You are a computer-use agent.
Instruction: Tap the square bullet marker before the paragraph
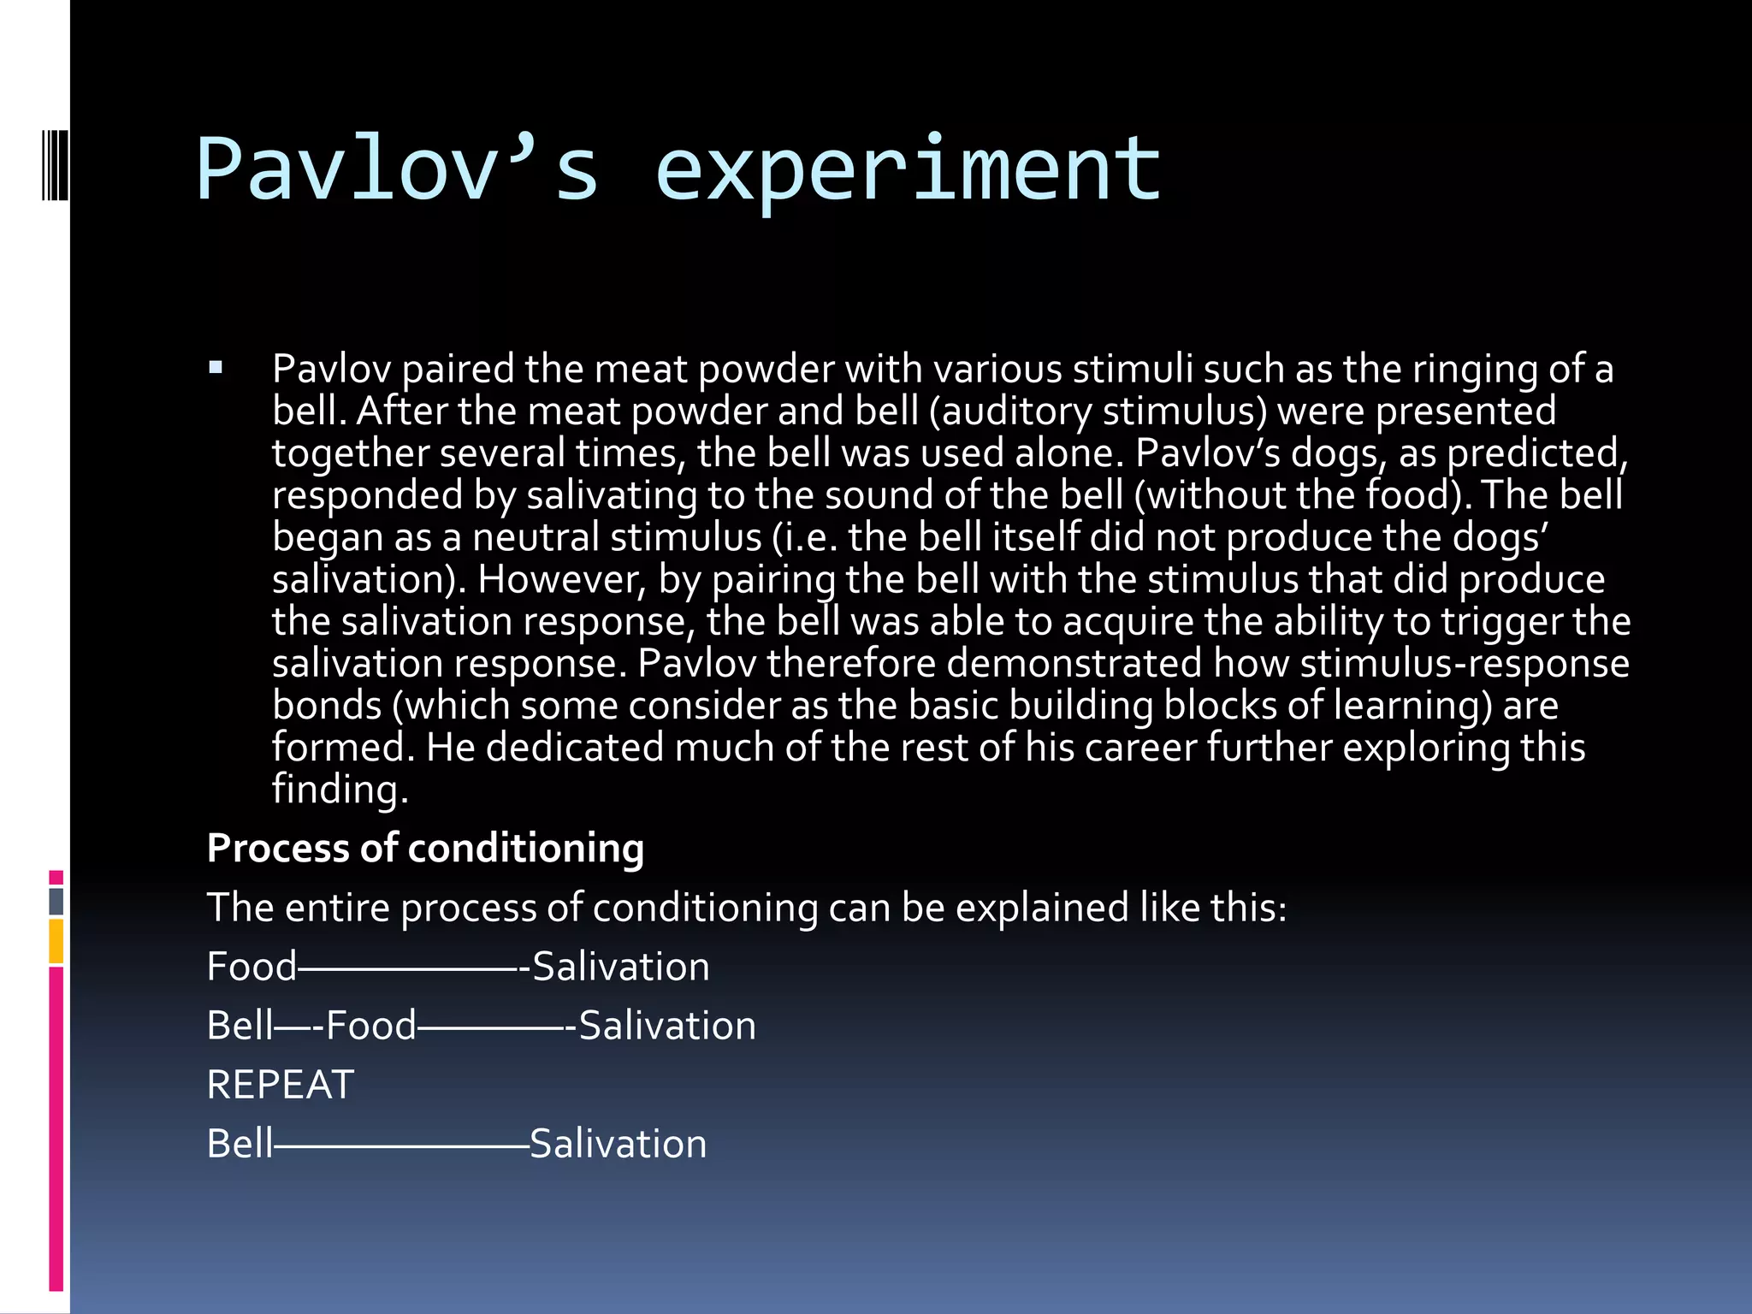(216, 369)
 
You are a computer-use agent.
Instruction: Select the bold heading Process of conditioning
(425, 849)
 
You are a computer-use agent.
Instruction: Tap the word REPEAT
(281, 1085)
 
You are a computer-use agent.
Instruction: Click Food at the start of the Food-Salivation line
(252, 967)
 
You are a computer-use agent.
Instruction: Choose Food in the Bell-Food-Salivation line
(370, 1026)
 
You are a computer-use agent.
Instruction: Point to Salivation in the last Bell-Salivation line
(619, 1144)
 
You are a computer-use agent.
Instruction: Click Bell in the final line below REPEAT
(240, 1144)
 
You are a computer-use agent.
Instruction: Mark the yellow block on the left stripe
(56, 941)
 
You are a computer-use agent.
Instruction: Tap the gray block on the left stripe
(56, 902)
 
